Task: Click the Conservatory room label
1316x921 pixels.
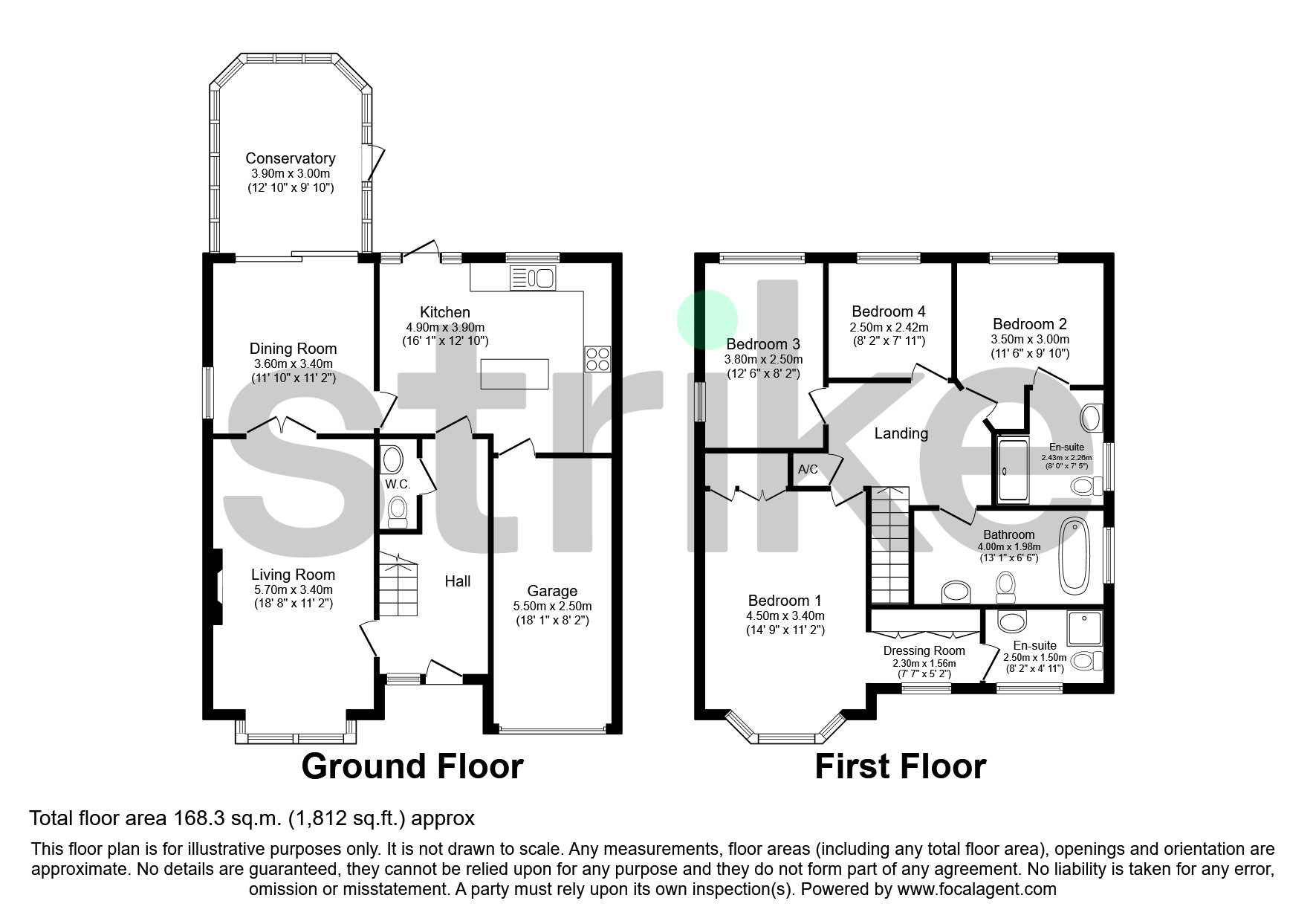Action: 291,158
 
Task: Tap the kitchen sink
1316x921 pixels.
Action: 532,278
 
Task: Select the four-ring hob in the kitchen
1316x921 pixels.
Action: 597,359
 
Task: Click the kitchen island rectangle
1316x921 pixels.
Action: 515,374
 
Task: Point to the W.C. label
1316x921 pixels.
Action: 398,485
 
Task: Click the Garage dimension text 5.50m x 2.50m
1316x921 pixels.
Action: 552,607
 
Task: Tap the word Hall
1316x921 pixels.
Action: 458,581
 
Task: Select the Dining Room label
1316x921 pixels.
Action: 293,349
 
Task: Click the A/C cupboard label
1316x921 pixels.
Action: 808,470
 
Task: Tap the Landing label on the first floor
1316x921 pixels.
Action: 901,433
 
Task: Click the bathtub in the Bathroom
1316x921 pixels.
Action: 1074,557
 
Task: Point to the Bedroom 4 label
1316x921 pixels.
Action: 889,311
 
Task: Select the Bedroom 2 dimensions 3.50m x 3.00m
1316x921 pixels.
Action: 1030,340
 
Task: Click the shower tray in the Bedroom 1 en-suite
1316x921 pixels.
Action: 1084,628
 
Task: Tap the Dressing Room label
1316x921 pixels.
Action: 924,650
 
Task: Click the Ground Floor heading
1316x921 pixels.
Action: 412,766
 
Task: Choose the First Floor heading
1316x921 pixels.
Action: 901,766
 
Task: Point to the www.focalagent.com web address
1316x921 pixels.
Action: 976,889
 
